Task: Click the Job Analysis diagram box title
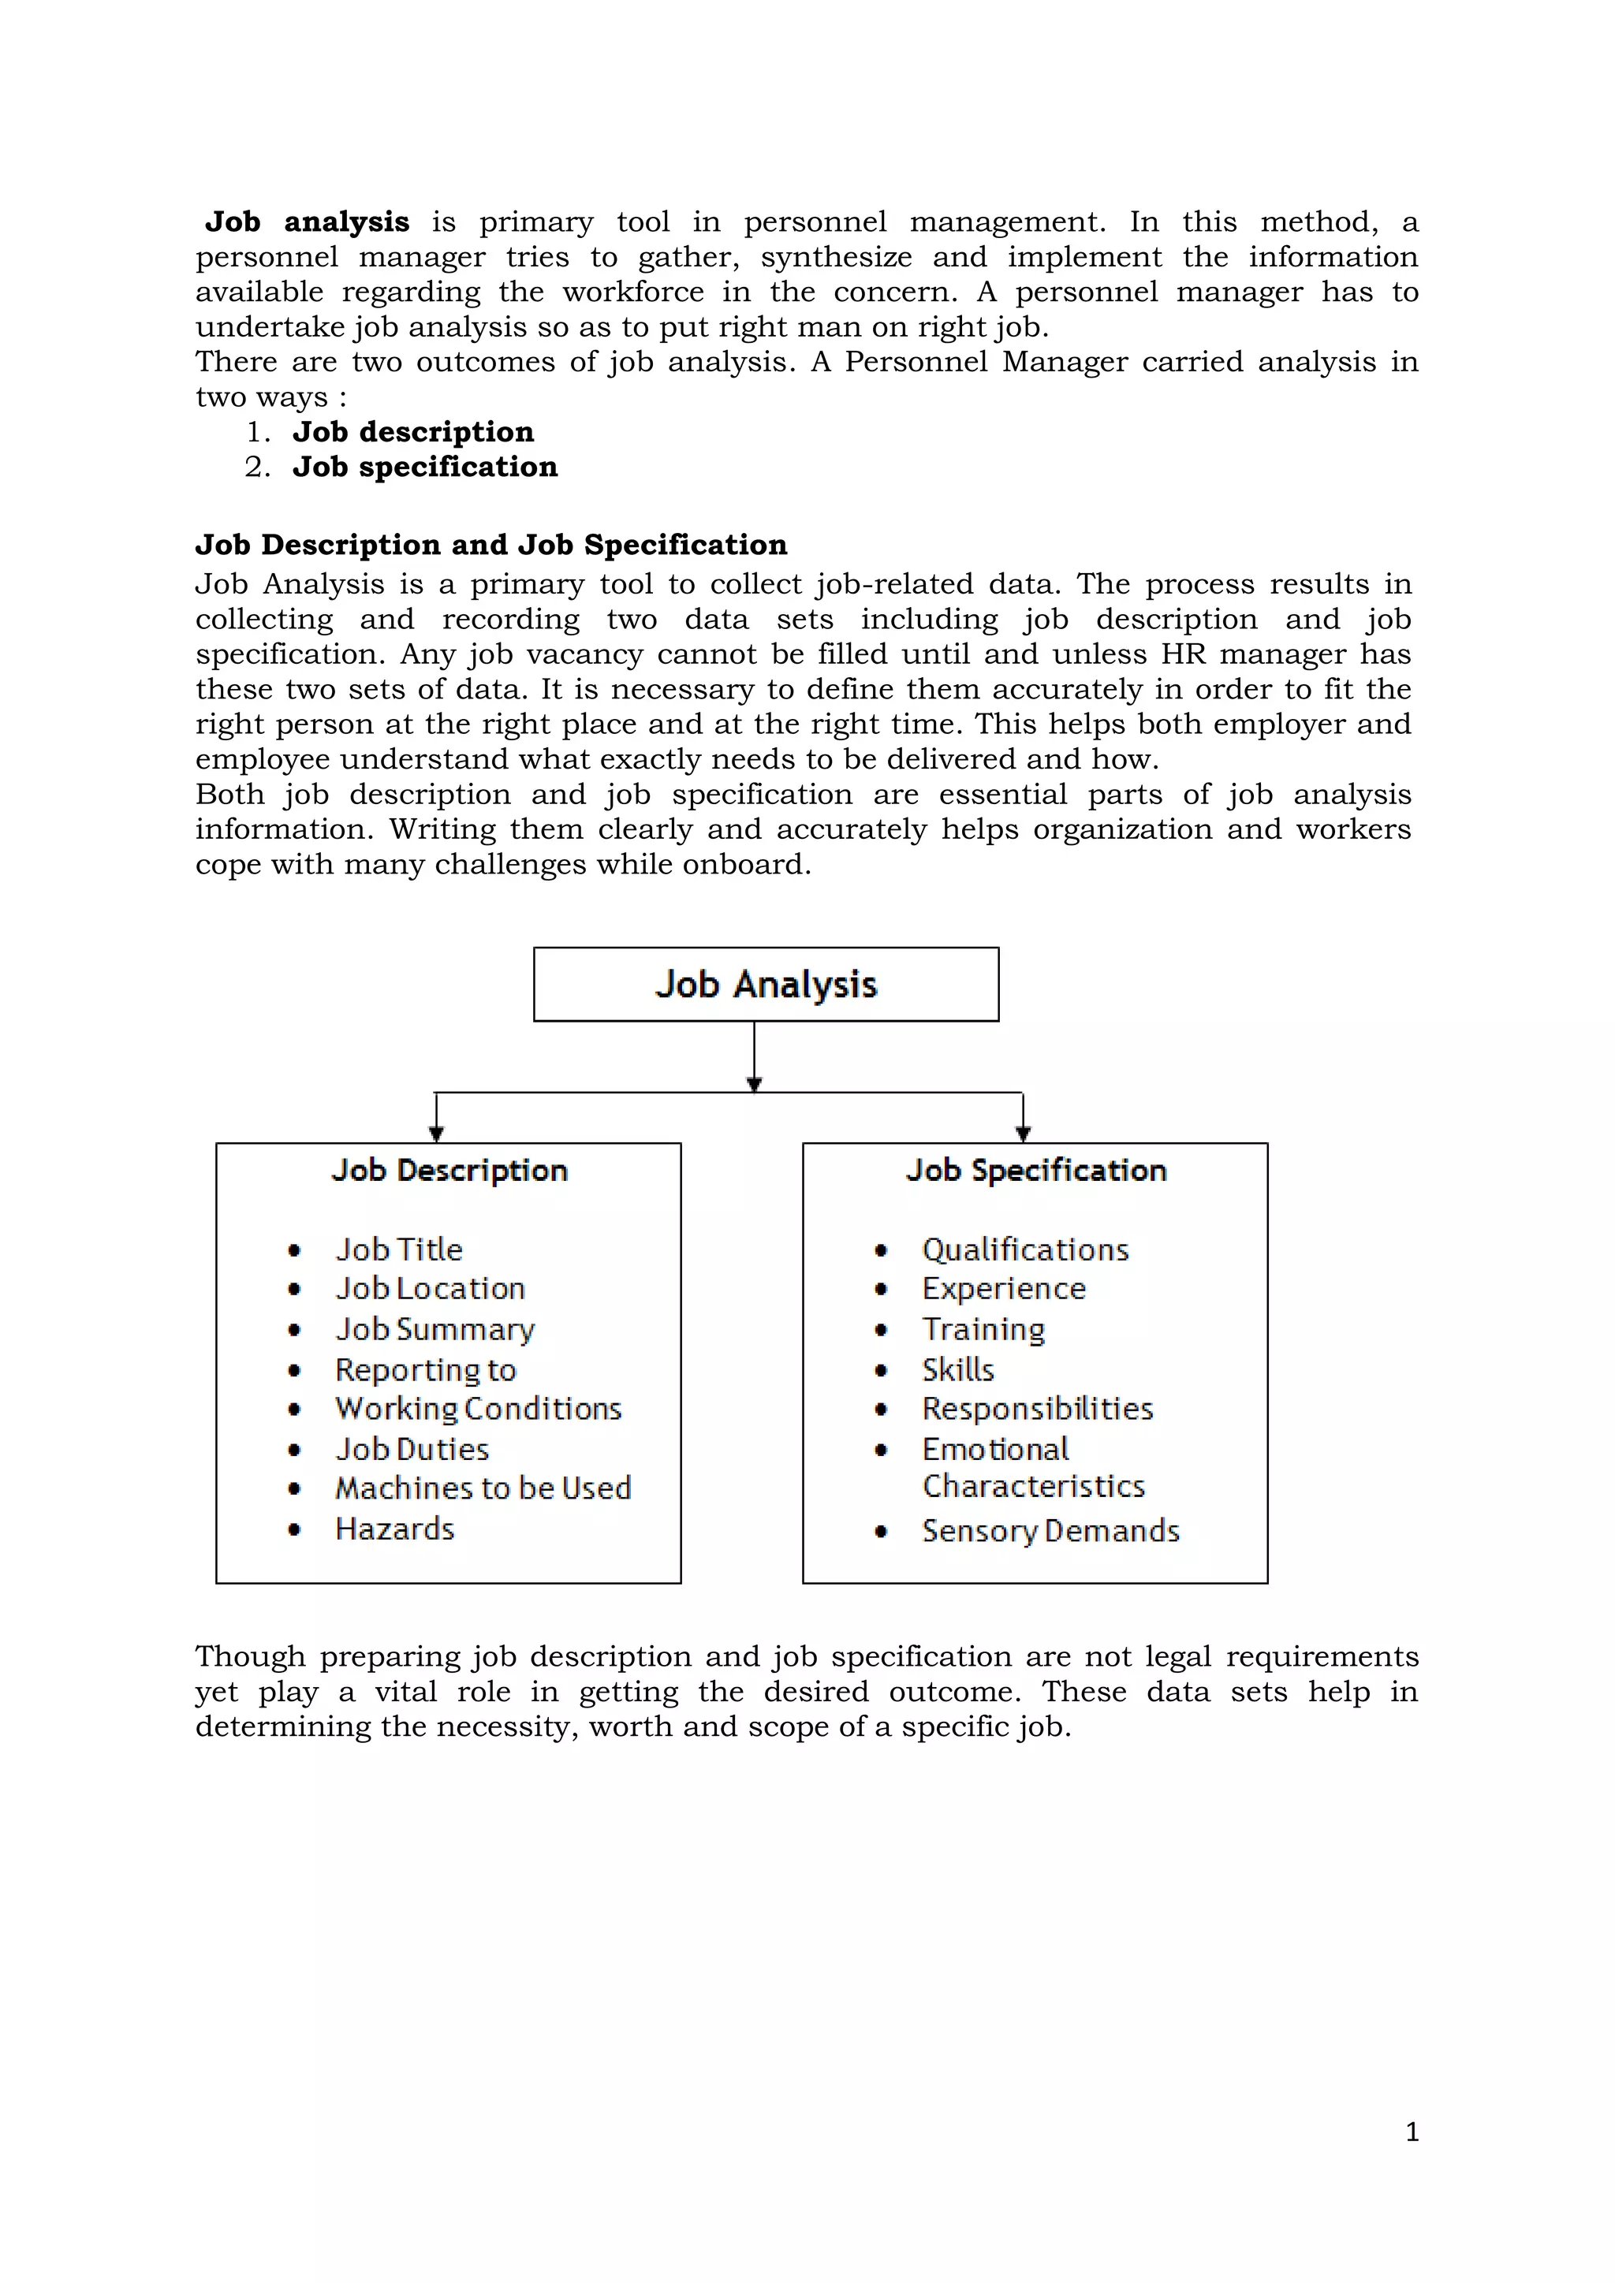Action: pos(766,985)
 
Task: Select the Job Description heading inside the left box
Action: pos(449,1171)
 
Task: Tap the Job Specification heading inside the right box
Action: pos(1035,1171)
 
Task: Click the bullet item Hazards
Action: pos(395,1529)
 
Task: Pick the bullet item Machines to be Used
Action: pos(483,1488)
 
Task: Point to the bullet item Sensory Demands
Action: pos(1050,1531)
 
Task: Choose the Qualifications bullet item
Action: pos(1025,1250)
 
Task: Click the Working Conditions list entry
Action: pos(479,1409)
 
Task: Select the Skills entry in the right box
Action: pos(957,1370)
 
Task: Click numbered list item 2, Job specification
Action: pos(424,467)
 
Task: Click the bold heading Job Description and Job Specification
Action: pos(491,545)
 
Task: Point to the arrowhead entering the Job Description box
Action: pos(435,1133)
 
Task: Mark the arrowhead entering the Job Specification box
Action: pos(1024,1133)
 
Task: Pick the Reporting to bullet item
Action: pos(426,1370)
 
